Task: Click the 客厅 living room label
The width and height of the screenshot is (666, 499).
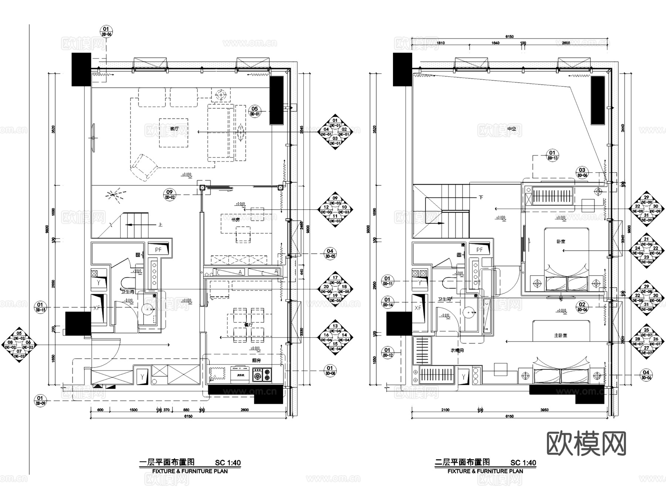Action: tap(174, 129)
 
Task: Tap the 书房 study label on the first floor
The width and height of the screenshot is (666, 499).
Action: tap(236, 220)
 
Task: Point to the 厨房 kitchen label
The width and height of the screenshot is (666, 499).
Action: tap(257, 360)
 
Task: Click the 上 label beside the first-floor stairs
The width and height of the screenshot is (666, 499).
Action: tap(160, 224)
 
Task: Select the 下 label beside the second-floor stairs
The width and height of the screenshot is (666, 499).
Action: tap(481, 197)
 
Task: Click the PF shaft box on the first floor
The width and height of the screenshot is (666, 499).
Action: tap(158, 250)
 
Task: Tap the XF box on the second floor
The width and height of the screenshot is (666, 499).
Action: tap(418, 308)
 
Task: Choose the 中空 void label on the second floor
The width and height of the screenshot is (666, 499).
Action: tap(511, 129)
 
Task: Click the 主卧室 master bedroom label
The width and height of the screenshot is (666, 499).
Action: tap(561, 335)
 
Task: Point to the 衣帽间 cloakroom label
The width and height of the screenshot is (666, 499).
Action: tap(457, 350)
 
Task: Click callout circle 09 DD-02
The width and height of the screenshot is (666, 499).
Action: tap(169, 194)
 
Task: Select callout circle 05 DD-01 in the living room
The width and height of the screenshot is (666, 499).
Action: tap(255, 111)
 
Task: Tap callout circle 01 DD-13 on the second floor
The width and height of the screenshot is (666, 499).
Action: tap(552, 155)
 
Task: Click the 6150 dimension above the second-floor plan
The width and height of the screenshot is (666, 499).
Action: tap(509, 37)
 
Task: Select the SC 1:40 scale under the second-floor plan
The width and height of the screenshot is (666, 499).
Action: tap(523, 462)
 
